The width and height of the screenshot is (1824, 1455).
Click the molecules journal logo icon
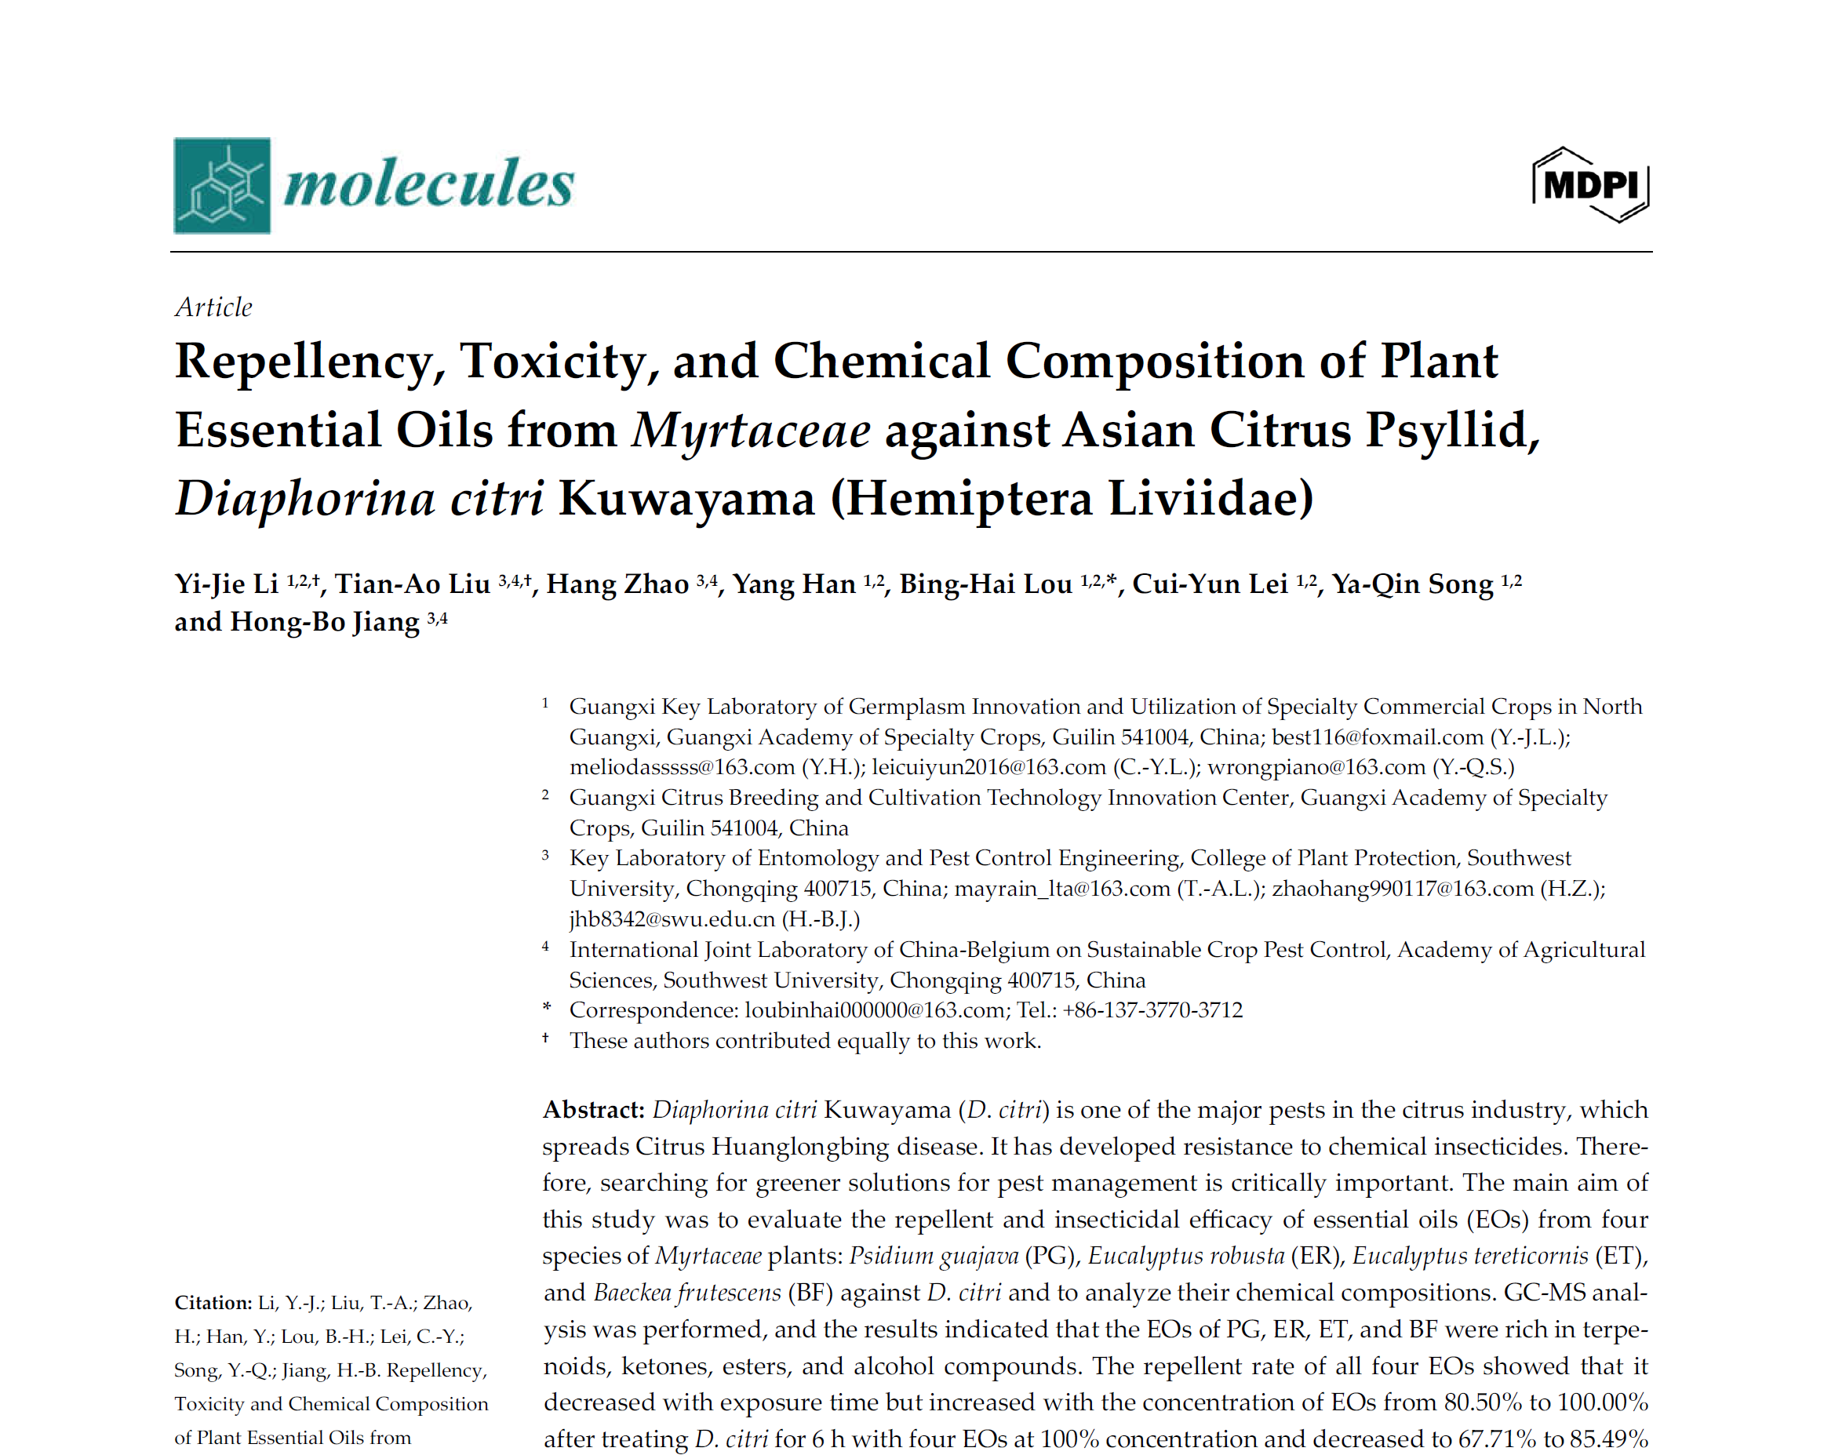pos(222,185)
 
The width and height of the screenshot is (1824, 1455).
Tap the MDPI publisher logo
pos(1589,184)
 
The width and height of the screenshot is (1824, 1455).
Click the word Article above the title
pos(213,307)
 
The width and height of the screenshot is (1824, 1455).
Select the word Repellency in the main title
pos(310,362)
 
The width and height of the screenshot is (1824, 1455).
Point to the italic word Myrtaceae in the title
pos(751,430)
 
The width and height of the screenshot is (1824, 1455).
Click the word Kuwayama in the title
pos(686,498)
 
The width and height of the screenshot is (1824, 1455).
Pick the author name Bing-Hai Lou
pos(985,584)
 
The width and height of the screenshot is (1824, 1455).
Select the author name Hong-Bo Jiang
pos(324,622)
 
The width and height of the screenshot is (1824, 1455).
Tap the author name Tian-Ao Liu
pos(412,584)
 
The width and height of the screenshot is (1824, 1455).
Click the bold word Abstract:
pos(593,1110)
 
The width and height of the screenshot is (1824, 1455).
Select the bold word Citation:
pos(213,1303)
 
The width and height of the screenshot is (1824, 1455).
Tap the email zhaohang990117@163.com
pos(1402,888)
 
